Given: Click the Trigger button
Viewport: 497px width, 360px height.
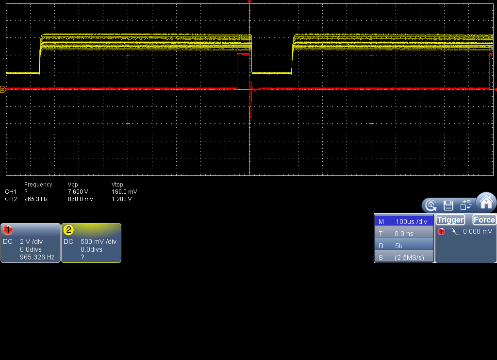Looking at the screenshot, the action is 450,220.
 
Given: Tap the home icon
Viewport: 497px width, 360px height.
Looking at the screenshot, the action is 486,202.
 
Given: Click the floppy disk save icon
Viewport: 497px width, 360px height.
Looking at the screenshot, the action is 448,205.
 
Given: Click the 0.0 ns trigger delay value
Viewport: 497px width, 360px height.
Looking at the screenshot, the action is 404,234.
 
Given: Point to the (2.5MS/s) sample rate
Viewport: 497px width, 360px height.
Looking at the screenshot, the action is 409,257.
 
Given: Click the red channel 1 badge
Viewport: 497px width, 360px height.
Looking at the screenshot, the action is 8,230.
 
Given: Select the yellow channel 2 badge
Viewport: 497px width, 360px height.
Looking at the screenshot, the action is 68,230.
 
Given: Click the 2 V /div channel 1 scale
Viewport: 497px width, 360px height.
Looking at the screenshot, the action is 31,241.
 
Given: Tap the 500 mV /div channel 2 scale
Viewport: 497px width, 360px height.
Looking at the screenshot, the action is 99,241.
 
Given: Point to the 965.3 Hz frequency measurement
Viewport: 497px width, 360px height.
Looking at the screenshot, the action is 36,199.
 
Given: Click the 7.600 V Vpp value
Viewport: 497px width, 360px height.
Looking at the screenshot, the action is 78,192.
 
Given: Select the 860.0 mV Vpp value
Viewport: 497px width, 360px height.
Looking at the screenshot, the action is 81,199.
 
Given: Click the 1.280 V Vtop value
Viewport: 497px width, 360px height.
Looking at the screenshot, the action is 121,199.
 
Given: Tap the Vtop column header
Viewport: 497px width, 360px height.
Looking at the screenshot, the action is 117,185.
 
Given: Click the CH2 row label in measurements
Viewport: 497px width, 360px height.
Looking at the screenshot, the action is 11,199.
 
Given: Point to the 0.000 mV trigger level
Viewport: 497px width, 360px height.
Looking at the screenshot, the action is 478,231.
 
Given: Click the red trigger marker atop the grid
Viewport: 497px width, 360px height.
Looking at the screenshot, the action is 249,2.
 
